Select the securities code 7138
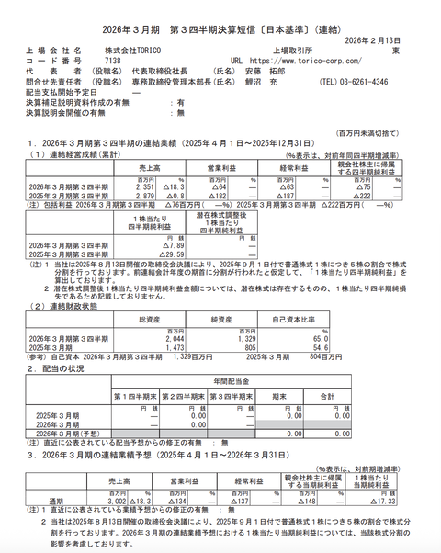[x=113, y=62]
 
